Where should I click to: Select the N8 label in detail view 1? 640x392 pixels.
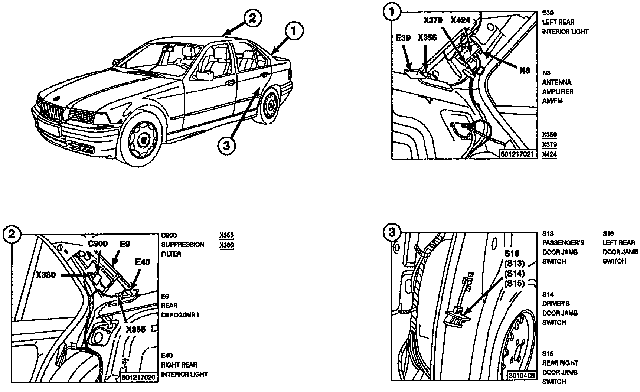(525, 70)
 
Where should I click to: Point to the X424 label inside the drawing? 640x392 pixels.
(460, 20)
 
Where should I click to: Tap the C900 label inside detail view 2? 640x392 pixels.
(98, 244)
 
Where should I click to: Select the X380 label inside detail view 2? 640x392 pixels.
(46, 275)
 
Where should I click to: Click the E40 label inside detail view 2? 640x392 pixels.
(143, 262)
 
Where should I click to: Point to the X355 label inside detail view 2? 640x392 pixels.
(135, 329)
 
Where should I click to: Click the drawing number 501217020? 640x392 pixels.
(139, 376)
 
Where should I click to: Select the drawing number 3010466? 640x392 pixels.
(522, 375)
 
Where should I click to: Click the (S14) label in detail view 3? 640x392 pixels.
(514, 273)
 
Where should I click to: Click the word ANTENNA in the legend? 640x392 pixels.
(557, 82)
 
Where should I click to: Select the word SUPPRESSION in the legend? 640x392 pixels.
(183, 245)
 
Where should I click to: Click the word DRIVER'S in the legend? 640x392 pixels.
(556, 304)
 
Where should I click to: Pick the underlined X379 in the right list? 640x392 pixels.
(549, 144)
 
